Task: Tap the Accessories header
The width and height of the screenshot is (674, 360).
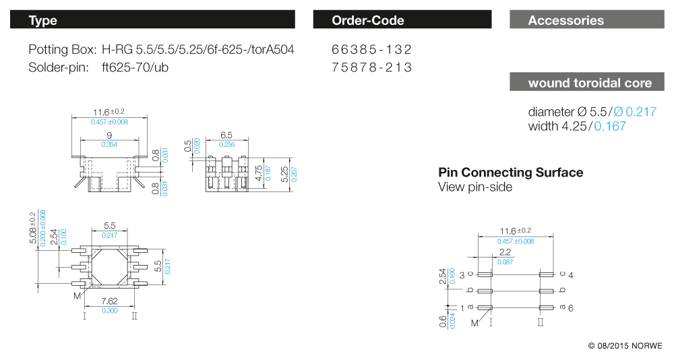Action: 586,20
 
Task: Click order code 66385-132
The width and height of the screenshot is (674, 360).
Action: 371,50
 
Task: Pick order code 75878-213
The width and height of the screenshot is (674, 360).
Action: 371,67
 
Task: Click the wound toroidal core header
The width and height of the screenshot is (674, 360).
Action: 586,83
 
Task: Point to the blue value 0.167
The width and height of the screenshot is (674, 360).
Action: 609,126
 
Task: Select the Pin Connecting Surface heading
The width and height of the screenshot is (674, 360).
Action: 510,173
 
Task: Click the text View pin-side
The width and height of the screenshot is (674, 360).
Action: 475,187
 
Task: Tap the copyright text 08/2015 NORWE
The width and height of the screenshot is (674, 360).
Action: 625,346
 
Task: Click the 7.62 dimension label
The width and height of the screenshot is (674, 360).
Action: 110,301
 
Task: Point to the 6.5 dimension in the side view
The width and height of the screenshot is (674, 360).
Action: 226,136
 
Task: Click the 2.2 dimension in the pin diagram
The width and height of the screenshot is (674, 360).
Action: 505,251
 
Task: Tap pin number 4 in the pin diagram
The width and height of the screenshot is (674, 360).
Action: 570,275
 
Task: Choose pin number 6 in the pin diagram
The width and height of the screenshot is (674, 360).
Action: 570,307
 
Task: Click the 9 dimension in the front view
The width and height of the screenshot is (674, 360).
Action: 109,136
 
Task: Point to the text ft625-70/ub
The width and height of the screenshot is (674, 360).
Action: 134,67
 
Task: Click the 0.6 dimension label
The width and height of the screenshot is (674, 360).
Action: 443,322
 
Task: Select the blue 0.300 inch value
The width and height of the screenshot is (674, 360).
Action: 110,310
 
